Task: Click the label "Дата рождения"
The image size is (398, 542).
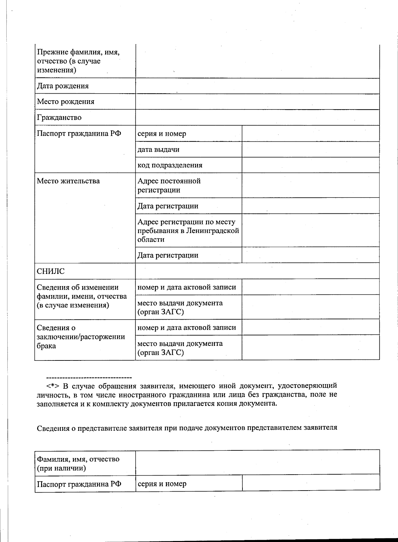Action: (63, 86)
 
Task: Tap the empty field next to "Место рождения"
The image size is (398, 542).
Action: (257, 102)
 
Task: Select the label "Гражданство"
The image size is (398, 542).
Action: (59, 117)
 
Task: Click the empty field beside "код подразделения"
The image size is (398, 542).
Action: (310, 165)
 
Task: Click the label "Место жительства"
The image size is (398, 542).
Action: (68, 181)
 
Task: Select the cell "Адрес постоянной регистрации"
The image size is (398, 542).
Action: (169, 186)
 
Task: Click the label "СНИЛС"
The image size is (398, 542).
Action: (51, 271)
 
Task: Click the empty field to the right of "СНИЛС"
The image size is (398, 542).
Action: (257, 271)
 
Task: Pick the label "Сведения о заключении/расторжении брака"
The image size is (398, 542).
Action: (81, 337)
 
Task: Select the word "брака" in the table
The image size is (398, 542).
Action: (46, 346)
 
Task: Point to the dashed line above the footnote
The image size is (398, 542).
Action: (89, 378)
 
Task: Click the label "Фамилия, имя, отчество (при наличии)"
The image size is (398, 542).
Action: (78, 464)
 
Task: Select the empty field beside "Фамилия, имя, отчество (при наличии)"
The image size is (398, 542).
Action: (257, 462)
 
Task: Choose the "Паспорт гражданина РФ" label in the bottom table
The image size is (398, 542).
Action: (79, 484)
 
